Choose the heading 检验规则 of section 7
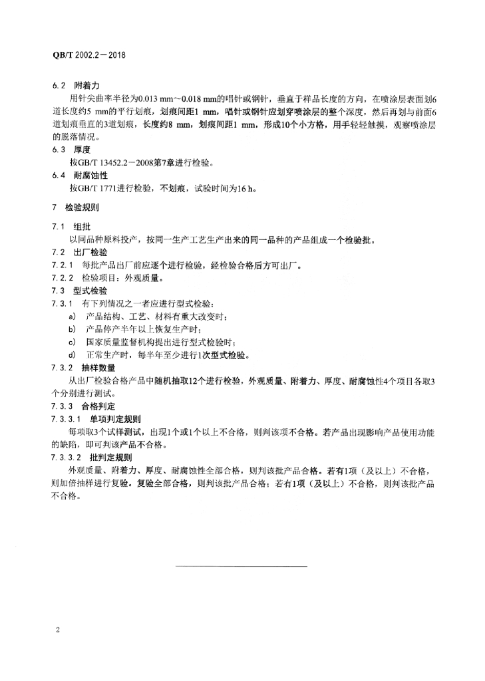pos(81,208)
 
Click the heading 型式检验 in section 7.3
pos(91,292)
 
